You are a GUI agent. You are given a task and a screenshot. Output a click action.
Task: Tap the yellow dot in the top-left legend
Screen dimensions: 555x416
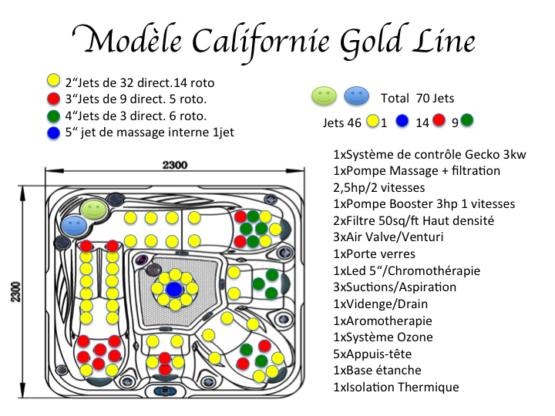click(53, 80)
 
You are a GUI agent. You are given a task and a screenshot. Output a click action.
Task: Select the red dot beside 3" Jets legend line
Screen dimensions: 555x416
click(53, 98)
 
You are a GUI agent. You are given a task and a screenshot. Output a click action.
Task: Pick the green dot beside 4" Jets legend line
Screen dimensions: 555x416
click(53, 115)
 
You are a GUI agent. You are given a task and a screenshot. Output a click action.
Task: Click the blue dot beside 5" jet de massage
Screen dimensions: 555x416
click(53, 132)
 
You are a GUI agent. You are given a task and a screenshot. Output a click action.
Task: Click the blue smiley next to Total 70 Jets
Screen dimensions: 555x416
click(356, 96)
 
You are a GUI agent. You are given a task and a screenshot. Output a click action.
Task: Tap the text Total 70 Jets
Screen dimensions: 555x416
click(417, 98)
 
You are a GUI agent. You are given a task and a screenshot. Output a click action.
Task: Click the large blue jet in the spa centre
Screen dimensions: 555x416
click(174, 290)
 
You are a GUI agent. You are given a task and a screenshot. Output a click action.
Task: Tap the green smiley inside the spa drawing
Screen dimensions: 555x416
click(95, 209)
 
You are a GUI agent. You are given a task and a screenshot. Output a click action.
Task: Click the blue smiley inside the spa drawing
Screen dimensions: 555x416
click(76, 225)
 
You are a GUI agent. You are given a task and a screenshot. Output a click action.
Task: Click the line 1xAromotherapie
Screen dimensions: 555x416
click(382, 320)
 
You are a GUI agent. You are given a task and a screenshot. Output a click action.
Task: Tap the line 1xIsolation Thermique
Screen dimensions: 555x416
click(395, 387)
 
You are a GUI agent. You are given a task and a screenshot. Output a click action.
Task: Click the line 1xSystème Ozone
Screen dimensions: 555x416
click(382, 337)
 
